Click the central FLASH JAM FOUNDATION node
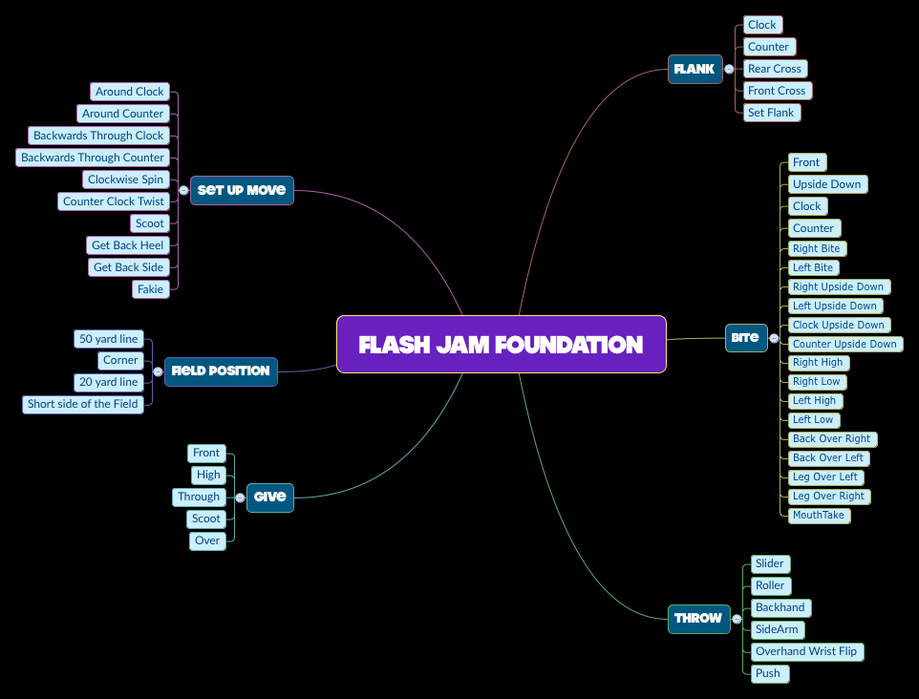tap(501, 345)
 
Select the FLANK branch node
tap(695, 70)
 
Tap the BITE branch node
tap(745, 338)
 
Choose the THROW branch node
tap(698, 619)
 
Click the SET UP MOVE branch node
tap(242, 190)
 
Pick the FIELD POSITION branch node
tap(221, 371)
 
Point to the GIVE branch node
tap(269, 497)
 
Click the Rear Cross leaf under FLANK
tap(775, 69)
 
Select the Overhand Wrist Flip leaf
tap(806, 651)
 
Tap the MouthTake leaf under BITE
tap(819, 516)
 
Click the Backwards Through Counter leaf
tap(93, 158)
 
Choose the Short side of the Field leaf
tap(83, 404)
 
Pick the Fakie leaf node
tap(151, 289)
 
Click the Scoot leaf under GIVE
tap(206, 519)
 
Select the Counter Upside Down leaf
tap(844, 344)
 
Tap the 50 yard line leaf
tap(109, 339)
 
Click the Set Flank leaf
tap(771, 113)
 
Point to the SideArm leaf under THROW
tap(777, 629)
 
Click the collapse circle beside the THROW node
tap(737, 619)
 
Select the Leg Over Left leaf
tap(825, 477)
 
